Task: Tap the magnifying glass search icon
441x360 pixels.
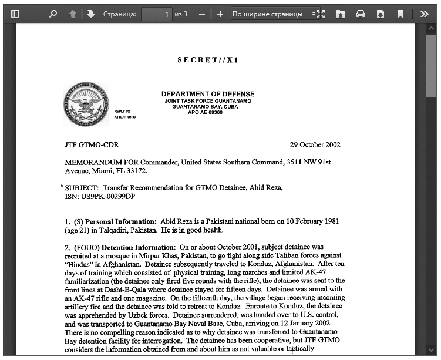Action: pyautogui.click(x=53, y=14)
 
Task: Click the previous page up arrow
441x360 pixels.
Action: pyautogui.click(x=73, y=14)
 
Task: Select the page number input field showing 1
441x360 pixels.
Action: pyautogui.click(x=157, y=14)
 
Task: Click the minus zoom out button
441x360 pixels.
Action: pyautogui.click(x=202, y=14)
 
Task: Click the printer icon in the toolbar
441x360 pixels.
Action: pyautogui.click(x=361, y=14)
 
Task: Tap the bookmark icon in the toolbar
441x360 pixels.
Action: pyautogui.click(x=400, y=14)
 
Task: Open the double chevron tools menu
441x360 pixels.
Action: pyautogui.click(x=425, y=14)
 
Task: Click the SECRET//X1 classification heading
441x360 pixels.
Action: pyautogui.click(x=208, y=60)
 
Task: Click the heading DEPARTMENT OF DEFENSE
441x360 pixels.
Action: pyautogui.click(x=208, y=94)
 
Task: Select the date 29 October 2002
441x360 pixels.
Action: pyautogui.click(x=315, y=145)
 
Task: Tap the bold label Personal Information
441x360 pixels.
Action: pyautogui.click(x=120, y=222)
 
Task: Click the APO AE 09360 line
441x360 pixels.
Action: pyautogui.click(x=205, y=112)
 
